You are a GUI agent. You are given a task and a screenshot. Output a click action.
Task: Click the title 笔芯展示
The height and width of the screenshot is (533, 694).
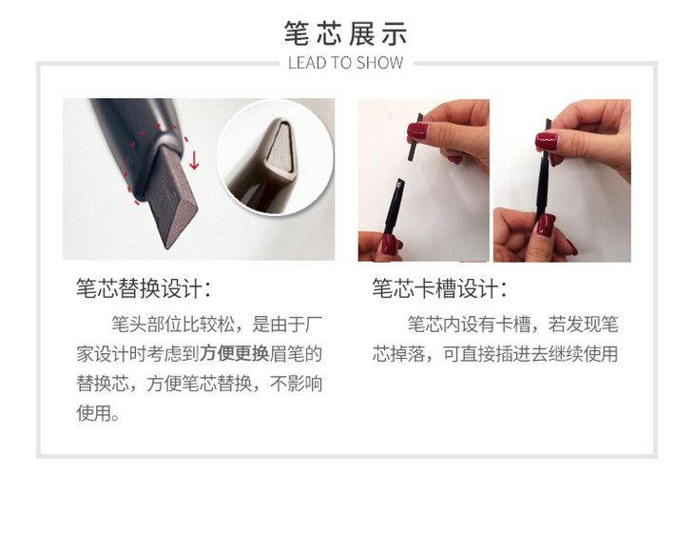[346, 33]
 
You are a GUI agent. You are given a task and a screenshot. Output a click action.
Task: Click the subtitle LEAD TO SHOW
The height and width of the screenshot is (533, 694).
[346, 63]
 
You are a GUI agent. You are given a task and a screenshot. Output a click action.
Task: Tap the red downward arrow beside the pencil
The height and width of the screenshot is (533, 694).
[194, 161]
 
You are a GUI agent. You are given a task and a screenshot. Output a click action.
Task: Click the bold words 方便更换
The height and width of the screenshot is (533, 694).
[234, 354]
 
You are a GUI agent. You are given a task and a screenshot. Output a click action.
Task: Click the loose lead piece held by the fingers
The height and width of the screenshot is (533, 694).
[415, 137]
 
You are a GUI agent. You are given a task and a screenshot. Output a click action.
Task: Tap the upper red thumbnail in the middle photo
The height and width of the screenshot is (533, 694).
[417, 131]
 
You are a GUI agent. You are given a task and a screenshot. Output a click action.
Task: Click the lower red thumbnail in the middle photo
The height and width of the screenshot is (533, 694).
[390, 244]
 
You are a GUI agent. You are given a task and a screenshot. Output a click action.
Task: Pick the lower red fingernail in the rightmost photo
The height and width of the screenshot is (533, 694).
[547, 226]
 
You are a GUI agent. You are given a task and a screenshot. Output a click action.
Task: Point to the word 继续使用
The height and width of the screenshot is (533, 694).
[583, 354]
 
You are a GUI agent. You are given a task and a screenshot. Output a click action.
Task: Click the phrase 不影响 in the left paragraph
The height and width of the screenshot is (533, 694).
[296, 384]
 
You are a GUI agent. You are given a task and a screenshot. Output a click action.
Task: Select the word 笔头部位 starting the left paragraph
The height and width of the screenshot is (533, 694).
[146, 325]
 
